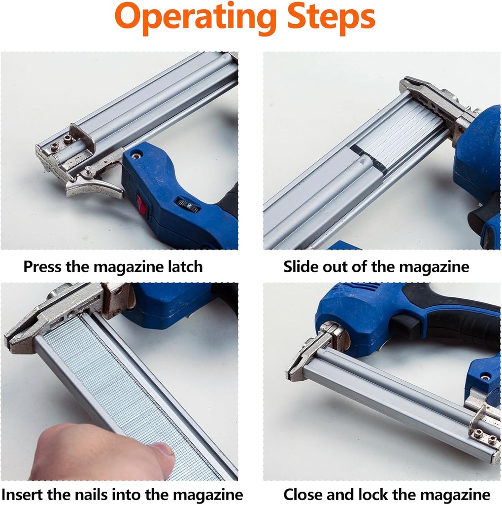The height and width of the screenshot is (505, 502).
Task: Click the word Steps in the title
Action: tap(331, 16)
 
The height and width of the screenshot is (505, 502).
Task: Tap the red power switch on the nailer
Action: tap(142, 204)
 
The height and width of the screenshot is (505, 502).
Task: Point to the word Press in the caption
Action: tap(42, 267)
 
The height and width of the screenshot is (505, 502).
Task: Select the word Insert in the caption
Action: tap(22, 494)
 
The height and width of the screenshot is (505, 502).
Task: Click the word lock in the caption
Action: tap(371, 494)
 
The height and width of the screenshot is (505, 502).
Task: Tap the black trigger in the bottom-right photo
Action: tap(404, 326)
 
